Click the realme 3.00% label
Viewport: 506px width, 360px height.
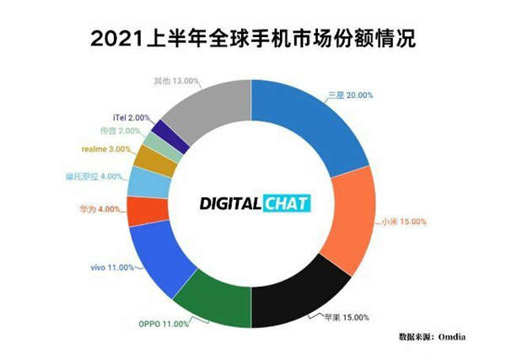pyautogui.click(x=105, y=148)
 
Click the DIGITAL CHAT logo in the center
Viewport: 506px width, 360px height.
pyautogui.click(x=254, y=202)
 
